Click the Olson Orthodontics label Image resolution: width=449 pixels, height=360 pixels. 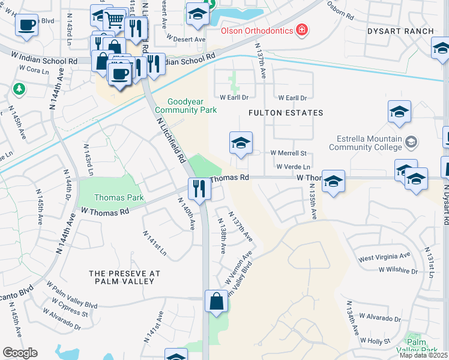(x=255, y=30)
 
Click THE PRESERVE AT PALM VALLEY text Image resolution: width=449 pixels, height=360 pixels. (x=124, y=277)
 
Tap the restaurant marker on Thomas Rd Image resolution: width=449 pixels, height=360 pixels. (x=199, y=188)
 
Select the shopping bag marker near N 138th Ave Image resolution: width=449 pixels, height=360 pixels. (x=216, y=301)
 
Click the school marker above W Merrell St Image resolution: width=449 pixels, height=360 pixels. (x=241, y=143)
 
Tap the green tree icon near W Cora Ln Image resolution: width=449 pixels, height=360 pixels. (x=19, y=89)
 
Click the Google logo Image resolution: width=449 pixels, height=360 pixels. (x=20, y=352)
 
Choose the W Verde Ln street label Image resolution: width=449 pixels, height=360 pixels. (x=294, y=167)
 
